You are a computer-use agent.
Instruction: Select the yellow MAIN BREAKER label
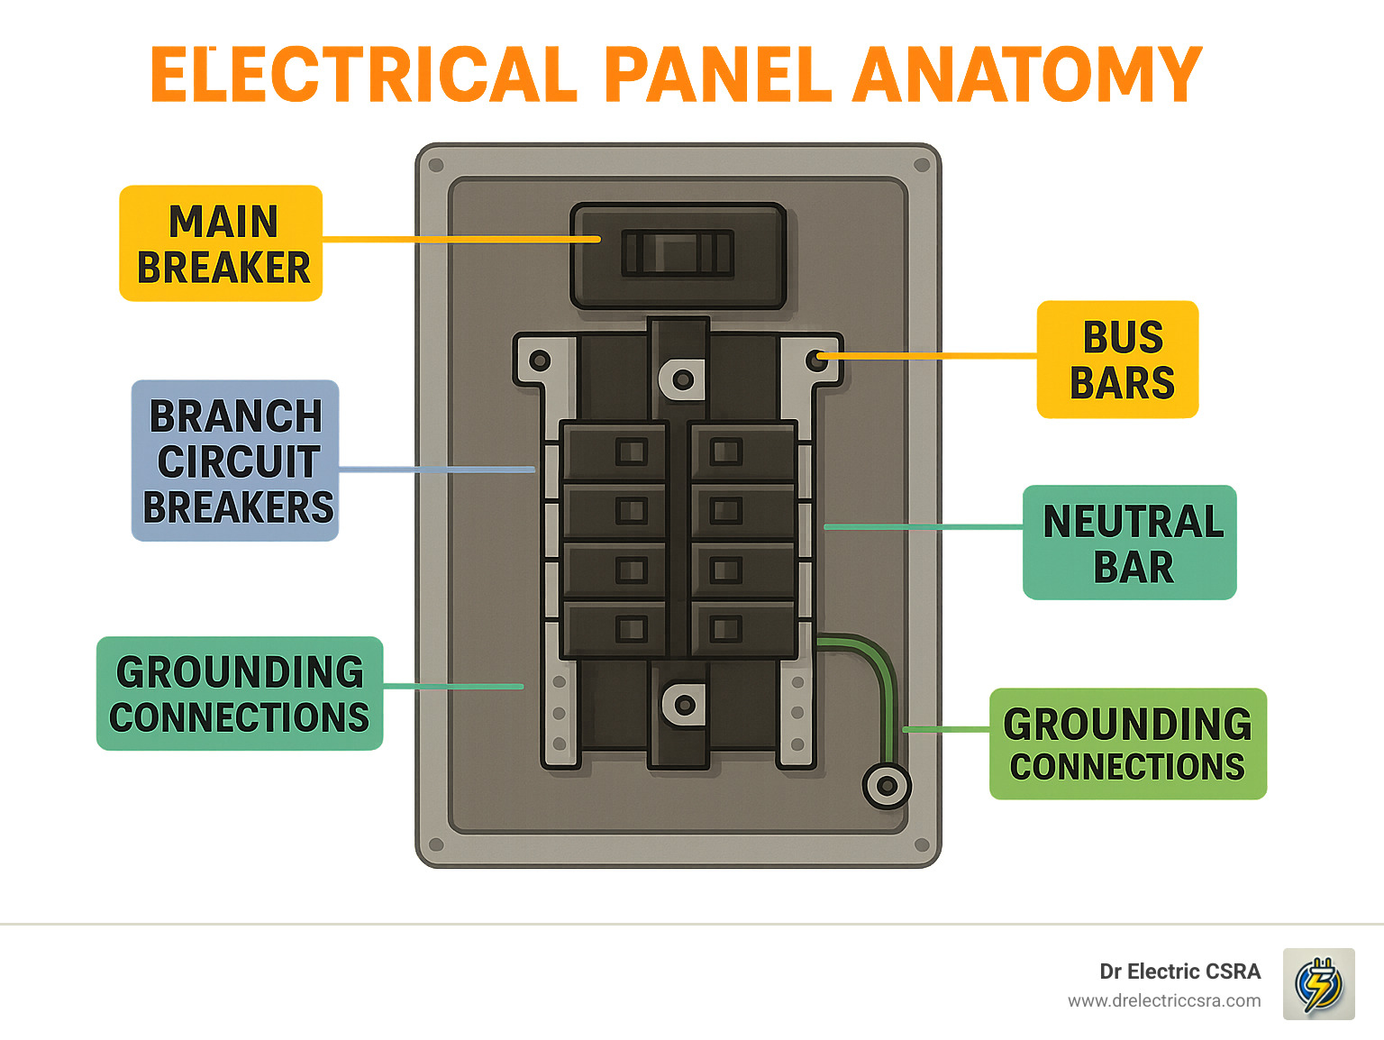(x=222, y=243)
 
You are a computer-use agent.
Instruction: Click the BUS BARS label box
(x=1118, y=360)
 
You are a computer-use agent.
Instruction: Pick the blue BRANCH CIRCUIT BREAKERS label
(x=235, y=461)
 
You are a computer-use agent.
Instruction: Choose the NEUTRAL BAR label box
(x=1130, y=543)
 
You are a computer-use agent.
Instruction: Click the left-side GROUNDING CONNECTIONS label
(x=240, y=693)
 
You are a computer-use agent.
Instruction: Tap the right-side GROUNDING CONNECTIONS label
(x=1128, y=744)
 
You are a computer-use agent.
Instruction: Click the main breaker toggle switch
(x=678, y=253)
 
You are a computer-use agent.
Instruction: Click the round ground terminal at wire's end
(x=887, y=786)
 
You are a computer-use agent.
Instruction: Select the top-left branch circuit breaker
(x=615, y=452)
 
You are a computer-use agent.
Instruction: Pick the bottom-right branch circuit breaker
(x=742, y=628)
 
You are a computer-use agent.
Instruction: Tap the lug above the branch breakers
(x=682, y=379)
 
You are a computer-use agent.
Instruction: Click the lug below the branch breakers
(x=682, y=705)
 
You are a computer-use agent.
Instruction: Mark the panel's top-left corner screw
(x=437, y=166)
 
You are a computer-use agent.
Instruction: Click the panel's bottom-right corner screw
(x=921, y=845)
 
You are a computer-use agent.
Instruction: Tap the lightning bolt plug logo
(x=1318, y=984)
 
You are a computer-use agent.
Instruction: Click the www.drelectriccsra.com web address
(x=1164, y=1000)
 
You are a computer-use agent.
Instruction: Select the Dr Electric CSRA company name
(x=1179, y=972)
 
